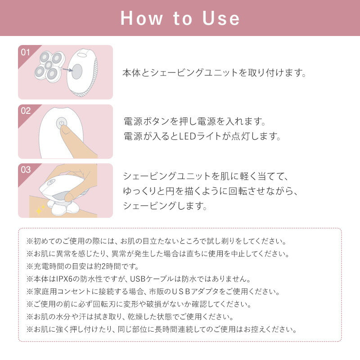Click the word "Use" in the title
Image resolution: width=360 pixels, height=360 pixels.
(221, 18)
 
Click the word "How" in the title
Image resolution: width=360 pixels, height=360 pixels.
(142, 18)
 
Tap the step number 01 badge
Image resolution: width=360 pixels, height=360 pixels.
(25, 52)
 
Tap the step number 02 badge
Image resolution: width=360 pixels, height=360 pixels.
(26, 111)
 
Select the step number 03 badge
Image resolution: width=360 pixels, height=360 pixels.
(26, 170)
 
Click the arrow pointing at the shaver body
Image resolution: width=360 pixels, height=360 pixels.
(67, 70)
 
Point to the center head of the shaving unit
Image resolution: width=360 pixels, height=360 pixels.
(49, 65)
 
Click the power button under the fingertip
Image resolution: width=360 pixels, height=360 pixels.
(62, 123)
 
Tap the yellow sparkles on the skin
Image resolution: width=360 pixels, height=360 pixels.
(40, 210)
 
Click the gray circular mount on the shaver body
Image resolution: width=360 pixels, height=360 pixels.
(77, 71)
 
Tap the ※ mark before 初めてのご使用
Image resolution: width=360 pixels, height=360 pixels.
(30, 241)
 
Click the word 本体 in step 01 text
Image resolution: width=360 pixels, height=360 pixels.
(131, 73)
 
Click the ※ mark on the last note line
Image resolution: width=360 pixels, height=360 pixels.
(30, 329)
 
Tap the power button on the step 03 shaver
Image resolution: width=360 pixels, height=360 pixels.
(51, 182)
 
